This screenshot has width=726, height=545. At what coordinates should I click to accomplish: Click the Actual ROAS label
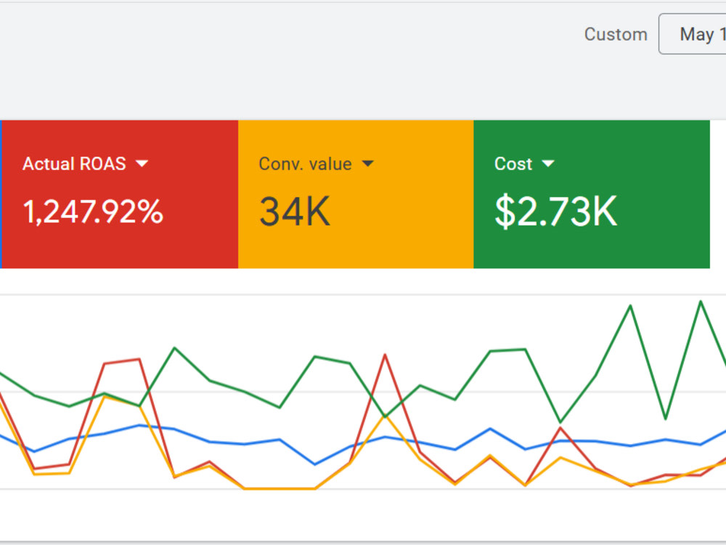tap(74, 163)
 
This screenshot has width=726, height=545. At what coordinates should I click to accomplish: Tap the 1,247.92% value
tap(93, 211)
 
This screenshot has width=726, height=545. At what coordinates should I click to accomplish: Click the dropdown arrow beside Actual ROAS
tap(142, 163)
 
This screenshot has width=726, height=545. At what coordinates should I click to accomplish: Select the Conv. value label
tap(305, 163)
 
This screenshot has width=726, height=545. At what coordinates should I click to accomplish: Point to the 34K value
tap(295, 211)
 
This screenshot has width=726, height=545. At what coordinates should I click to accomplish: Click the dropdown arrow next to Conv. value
tap(367, 163)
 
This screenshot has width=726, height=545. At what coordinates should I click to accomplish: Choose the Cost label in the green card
tap(513, 163)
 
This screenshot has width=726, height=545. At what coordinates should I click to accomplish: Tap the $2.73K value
tap(556, 211)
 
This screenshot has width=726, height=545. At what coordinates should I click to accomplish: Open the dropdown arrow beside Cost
tap(547, 163)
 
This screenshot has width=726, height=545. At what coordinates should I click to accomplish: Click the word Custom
tap(616, 34)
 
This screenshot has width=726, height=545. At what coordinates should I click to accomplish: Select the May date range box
tap(693, 34)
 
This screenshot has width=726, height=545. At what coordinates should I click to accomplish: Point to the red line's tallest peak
tap(385, 355)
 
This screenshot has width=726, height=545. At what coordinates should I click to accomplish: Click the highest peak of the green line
tap(701, 302)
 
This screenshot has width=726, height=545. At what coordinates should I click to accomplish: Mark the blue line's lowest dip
tap(315, 464)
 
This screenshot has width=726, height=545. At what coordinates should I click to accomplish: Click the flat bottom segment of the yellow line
tap(280, 488)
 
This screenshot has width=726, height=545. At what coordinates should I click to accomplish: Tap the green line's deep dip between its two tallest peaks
tap(665, 419)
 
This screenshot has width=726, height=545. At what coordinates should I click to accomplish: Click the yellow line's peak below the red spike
tap(385, 416)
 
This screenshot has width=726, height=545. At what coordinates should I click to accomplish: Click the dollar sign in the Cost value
tap(505, 211)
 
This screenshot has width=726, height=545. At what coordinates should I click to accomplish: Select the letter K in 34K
tap(318, 211)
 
